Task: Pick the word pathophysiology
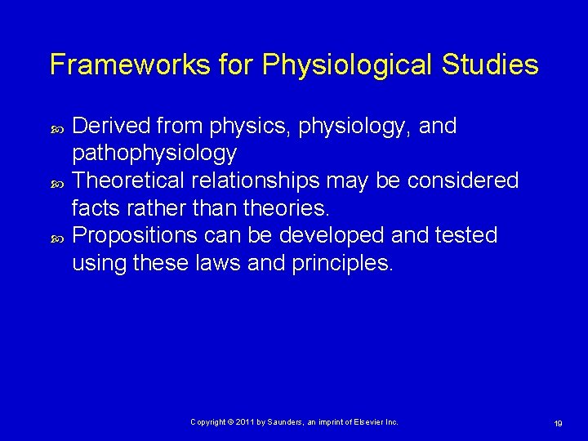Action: coord(154,154)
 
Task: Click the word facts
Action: coord(97,207)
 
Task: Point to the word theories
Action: coord(259,207)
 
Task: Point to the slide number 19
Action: coord(559,423)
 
